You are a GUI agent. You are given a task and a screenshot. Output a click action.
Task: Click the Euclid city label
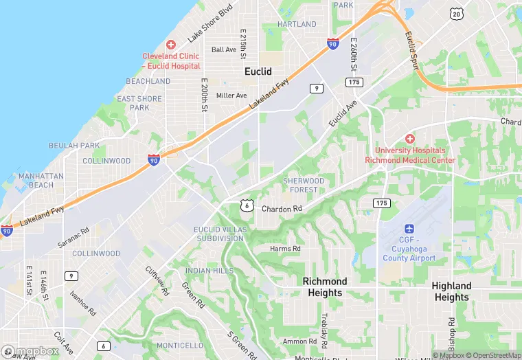coord(259,71)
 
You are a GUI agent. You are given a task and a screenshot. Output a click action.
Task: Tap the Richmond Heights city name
coord(325,287)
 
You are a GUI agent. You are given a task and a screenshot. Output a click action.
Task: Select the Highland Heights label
coord(451,291)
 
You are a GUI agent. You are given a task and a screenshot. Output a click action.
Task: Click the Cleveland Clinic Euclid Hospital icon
coord(171,44)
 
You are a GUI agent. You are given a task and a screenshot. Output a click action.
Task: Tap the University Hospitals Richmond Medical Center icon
coord(410,139)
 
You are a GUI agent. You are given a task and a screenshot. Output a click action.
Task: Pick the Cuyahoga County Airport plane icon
coord(409,229)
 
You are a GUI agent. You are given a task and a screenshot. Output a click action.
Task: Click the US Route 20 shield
coord(456,14)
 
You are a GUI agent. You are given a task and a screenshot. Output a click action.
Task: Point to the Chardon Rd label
coord(282,208)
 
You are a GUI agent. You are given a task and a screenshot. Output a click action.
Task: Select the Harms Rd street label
coord(285,249)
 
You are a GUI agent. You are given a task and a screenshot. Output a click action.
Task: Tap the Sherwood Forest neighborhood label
coord(304,185)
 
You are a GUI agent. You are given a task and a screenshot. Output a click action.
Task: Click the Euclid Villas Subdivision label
coord(218,234)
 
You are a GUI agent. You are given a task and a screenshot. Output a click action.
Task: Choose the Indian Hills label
coord(209,271)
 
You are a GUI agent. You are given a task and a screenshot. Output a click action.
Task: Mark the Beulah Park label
coord(74,146)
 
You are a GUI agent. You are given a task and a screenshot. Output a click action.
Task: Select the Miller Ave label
coord(231,95)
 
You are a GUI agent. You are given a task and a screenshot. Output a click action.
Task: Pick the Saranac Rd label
coord(73,238)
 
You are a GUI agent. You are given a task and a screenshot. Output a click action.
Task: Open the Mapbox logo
coord(30,352)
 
